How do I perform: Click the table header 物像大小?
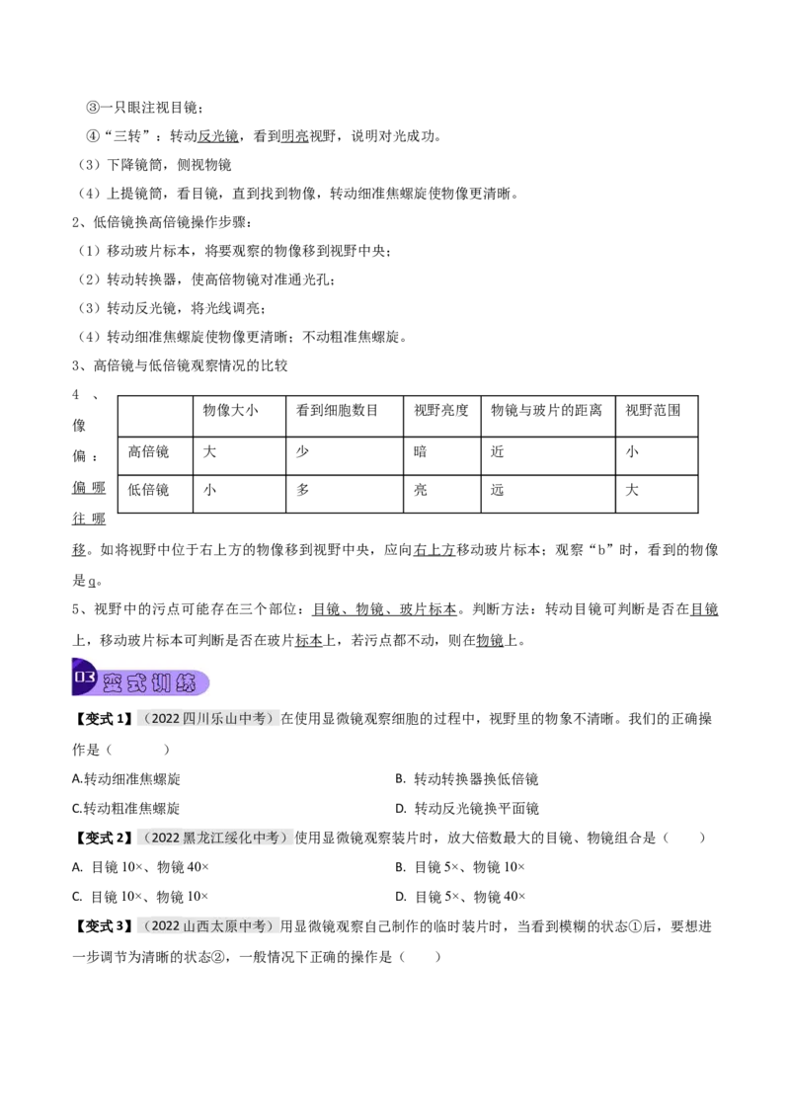(230, 410)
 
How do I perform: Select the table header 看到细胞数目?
(337, 410)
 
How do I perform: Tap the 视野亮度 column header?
(441, 410)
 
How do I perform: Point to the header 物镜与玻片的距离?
(546, 410)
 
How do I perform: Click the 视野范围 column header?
(653, 410)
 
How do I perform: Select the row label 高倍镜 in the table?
(148, 451)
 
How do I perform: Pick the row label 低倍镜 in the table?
(148, 490)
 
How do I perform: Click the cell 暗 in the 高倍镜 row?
(421, 451)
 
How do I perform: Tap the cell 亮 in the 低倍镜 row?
(421, 490)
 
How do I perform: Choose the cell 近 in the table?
(497, 451)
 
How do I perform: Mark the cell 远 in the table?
(497, 490)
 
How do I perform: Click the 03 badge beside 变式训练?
(84, 679)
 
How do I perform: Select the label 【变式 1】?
(104, 719)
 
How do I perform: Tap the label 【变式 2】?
(104, 838)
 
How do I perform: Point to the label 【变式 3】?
(104, 926)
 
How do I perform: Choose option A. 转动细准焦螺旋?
(126, 778)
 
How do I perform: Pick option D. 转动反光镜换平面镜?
(467, 809)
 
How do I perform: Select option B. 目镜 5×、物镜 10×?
(460, 867)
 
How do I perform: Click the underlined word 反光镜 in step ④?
(218, 136)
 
